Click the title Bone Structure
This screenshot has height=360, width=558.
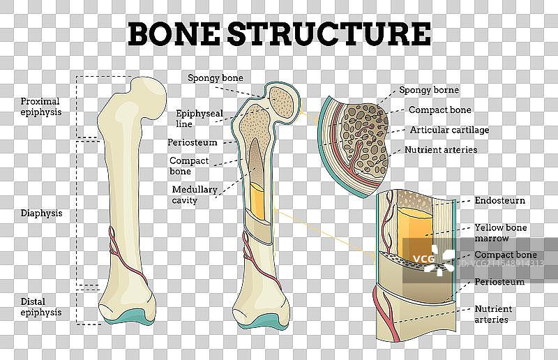pyautogui.click(x=279, y=33)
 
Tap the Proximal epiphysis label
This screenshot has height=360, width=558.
pyautogui.click(x=41, y=105)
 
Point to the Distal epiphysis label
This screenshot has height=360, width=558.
pyautogui.click(x=41, y=307)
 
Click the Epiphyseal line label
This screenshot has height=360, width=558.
pyautogui.click(x=194, y=118)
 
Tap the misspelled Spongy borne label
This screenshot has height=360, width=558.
pyautogui.click(x=428, y=90)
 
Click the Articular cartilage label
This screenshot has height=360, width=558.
pyautogui.click(x=449, y=130)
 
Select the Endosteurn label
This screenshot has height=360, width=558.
pyautogui.click(x=499, y=201)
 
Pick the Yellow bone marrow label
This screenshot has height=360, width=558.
pyautogui.click(x=500, y=232)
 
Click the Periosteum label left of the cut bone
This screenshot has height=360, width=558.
pyautogui.click(x=193, y=142)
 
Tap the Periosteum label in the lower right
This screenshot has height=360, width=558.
pyautogui.click(x=499, y=282)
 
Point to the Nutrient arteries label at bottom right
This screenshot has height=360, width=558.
pyautogui.click(x=493, y=314)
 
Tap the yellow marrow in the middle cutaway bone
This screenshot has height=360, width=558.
pyautogui.click(x=257, y=199)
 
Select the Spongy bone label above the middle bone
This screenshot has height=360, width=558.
pyautogui.click(x=216, y=77)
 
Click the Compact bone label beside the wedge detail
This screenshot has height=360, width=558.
pyautogui.click(x=439, y=110)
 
